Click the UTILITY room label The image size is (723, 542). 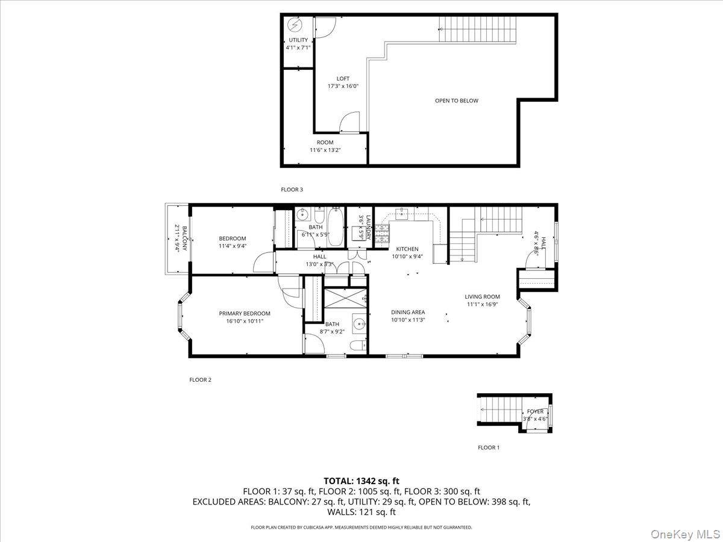[298, 40]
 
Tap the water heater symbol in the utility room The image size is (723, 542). [295, 25]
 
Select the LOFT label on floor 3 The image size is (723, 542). [343, 79]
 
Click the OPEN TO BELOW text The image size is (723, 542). [457, 101]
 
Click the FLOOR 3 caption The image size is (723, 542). [292, 190]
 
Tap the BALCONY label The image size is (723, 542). [181, 238]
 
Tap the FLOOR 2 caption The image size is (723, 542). [201, 380]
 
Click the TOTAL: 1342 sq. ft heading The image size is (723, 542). [361, 481]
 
